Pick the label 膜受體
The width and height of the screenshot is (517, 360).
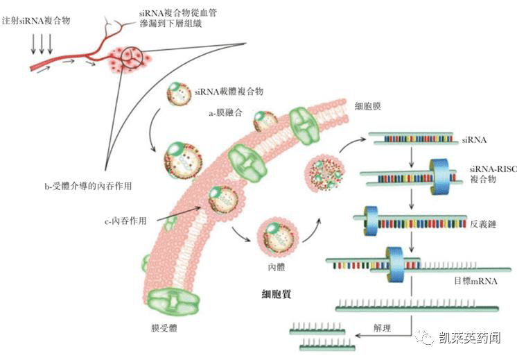click(164, 332)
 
